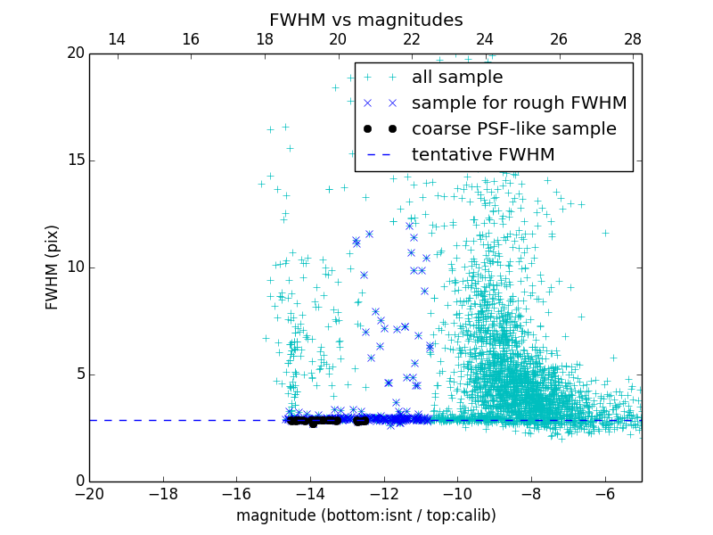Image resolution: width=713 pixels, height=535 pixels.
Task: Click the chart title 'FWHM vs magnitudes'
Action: pyautogui.click(x=366, y=20)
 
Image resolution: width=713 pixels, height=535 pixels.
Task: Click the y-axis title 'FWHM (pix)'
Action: pyautogui.click(x=53, y=267)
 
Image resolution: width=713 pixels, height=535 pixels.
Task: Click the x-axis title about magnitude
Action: pyautogui.click(x=366, y=515)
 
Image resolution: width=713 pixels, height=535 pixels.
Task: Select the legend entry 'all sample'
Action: pyautogui.click(x=457, y=78)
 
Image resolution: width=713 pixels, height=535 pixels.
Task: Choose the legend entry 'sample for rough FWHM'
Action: pyautogui.click(x=519, y=103)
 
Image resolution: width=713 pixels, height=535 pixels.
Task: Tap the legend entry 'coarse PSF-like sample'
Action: pyautogui.click(x=513, y=129)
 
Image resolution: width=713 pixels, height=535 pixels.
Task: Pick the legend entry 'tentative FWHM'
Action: pyautogui.click(x=483, y=155)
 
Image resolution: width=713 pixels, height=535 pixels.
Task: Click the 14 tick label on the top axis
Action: pyautogui.click(x=117, y=39)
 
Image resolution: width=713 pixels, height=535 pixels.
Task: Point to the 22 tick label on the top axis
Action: pyautogui.click(x=412, y=39)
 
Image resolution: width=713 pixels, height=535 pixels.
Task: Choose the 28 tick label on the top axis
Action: pyautogui.click(x=633, y=39)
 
